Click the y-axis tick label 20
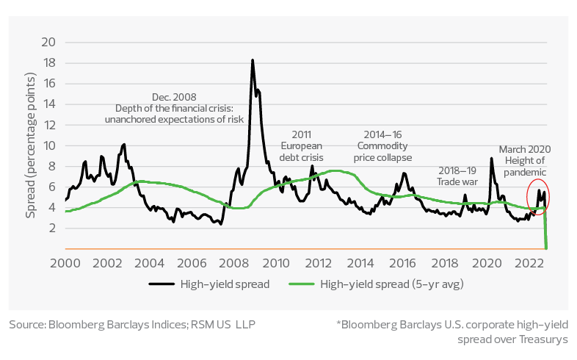pyautogui.click(x=49, y=42)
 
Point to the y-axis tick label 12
pyautogui.click(x=49, y=125)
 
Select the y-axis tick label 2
pyautogui.click(x=51, y=228)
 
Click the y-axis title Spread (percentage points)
pyautogui.click(x=30, y=145)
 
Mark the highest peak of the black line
pyautogui.click(x=253, y=60)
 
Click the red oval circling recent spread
pyautogui.click(x=539, y=197)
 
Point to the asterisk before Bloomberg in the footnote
pyautogui.click(x=337, y=323)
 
